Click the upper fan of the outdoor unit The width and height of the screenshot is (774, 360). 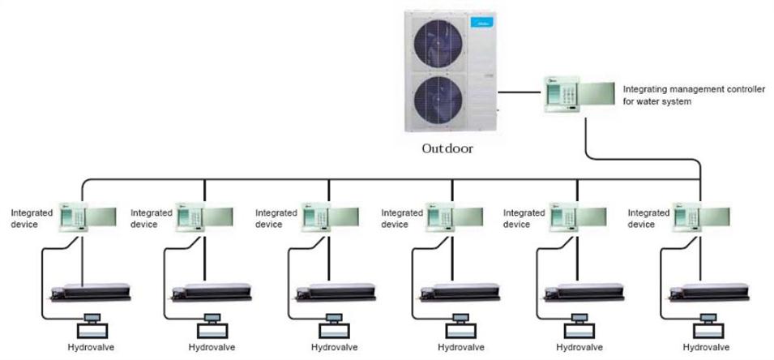tap(438, 42)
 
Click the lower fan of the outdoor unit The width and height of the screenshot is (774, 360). tap(438, 100)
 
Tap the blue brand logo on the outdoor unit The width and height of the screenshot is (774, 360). tap(481, 22)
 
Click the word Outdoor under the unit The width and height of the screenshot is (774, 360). tap(447, 148)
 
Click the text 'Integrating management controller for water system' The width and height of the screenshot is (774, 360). tap(694, 96)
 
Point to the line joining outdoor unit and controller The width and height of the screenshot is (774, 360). tap(520, 92)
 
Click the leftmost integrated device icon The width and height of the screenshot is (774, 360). tap(88, 216)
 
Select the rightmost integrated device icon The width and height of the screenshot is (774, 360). tap(701, 216)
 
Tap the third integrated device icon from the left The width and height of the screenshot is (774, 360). tap(330, 216)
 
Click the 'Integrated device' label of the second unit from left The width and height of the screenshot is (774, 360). tap(151, 218)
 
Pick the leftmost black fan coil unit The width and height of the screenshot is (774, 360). tap(91, 293)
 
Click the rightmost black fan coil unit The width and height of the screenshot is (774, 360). tap(709, 293)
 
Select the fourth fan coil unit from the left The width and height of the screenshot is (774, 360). tap(460, 293)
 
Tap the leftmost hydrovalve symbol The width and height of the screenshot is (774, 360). tap(92, 326)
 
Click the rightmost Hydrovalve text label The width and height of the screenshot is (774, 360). tap(706, 347)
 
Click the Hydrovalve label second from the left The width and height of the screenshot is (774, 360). tap(212, 347)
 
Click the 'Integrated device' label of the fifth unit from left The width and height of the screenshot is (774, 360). tap(524, 218)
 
